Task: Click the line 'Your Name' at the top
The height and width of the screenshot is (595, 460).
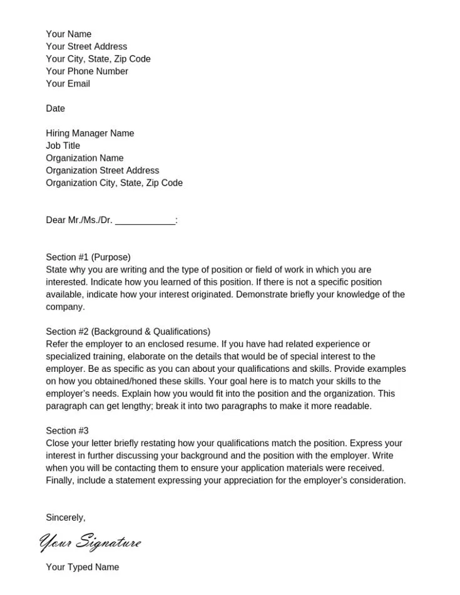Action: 68,34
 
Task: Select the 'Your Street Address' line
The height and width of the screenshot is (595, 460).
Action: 86,47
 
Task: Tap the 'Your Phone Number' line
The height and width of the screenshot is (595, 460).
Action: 87,71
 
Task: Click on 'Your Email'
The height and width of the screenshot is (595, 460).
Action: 68,84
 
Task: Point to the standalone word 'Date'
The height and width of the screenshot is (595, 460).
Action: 55,109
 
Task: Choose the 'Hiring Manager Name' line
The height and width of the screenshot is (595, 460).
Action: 89,133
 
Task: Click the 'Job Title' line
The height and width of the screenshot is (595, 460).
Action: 63,146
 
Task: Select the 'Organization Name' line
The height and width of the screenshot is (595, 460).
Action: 84,158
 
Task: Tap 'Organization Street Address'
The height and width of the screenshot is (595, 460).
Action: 102,171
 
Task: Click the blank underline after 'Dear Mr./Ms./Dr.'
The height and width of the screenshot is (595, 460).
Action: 145,221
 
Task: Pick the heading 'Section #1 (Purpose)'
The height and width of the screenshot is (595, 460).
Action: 88,257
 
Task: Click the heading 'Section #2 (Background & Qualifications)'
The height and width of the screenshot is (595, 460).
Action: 128,332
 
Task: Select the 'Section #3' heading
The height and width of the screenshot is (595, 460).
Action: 67,431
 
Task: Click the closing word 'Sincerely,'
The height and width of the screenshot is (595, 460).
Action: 66,518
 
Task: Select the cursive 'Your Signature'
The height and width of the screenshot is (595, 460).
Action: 90,542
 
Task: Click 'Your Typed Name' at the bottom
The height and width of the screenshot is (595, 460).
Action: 82,567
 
